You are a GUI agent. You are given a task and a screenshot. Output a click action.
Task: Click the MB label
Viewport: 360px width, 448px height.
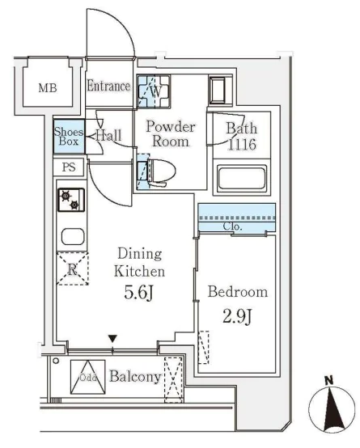pos(48,88)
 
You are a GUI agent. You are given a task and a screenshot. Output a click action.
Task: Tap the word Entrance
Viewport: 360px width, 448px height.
pos(108,86)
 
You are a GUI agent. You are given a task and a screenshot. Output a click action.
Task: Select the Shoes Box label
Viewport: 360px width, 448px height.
pos(69,137)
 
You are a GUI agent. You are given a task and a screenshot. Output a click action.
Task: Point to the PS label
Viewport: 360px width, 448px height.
pos(69,167)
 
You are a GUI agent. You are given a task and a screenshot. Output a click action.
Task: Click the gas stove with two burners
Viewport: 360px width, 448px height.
pos(71,200)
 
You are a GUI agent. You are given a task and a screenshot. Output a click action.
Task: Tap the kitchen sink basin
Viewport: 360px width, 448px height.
pos(73,236)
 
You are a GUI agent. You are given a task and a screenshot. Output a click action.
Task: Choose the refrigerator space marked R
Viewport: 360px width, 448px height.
pos(73,268)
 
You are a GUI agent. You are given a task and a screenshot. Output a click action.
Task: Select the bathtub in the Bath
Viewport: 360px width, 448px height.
pos(242,179)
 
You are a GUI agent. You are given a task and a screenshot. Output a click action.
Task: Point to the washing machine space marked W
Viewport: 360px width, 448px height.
pos(154,91)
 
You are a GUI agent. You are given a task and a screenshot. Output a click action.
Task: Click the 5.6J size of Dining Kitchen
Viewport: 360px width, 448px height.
pos(139,293)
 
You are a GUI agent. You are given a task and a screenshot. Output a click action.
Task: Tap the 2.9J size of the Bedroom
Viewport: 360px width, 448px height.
pos(237,316)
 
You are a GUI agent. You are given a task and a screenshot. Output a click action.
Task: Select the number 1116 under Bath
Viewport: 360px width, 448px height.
pos(242,145)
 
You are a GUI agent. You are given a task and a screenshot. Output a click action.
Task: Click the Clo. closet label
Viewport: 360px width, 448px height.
pos(233,226)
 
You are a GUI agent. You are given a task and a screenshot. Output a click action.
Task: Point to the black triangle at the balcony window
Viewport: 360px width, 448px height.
pos(112,339)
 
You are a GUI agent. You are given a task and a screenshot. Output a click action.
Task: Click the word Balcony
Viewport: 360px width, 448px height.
pos(135,377)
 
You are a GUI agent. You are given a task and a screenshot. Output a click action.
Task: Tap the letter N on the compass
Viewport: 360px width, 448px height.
pos(329,381)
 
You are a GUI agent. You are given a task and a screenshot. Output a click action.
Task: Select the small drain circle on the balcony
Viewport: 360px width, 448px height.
pos(56,361)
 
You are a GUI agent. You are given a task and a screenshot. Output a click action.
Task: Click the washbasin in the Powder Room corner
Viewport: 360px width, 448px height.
pos(220,91)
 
